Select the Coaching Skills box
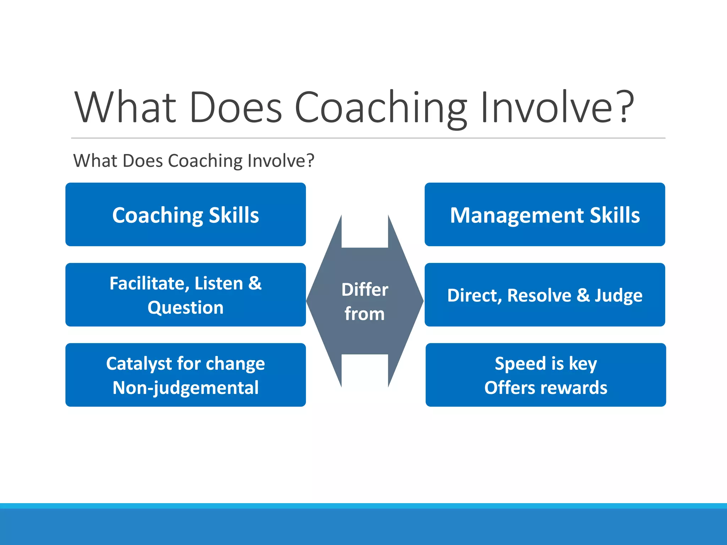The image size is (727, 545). point(186,215)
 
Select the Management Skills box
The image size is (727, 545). point(545,215)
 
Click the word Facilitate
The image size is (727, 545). point(146,283)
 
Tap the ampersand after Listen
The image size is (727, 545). point(255,283)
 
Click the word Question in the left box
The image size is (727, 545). point(186,307)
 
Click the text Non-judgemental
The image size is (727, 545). point(186,388)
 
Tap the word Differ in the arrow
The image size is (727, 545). point(365,290)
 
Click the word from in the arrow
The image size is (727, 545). point(365,314)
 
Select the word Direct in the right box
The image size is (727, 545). point(472,296)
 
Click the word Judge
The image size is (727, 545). point(618,296)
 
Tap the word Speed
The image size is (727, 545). point(520,364)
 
